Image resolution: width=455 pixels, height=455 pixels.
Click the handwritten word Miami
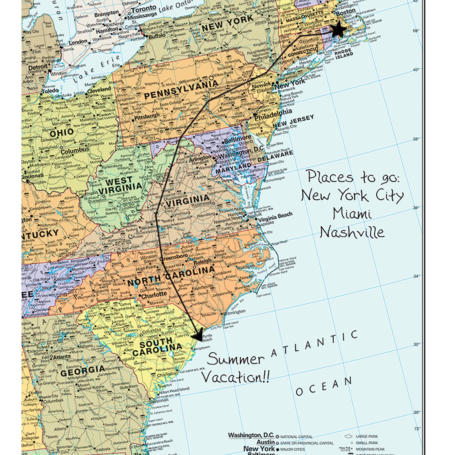point(352,214)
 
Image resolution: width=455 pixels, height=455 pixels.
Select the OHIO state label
point(62,132)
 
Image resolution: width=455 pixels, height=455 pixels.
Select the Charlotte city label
point(154,295)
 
